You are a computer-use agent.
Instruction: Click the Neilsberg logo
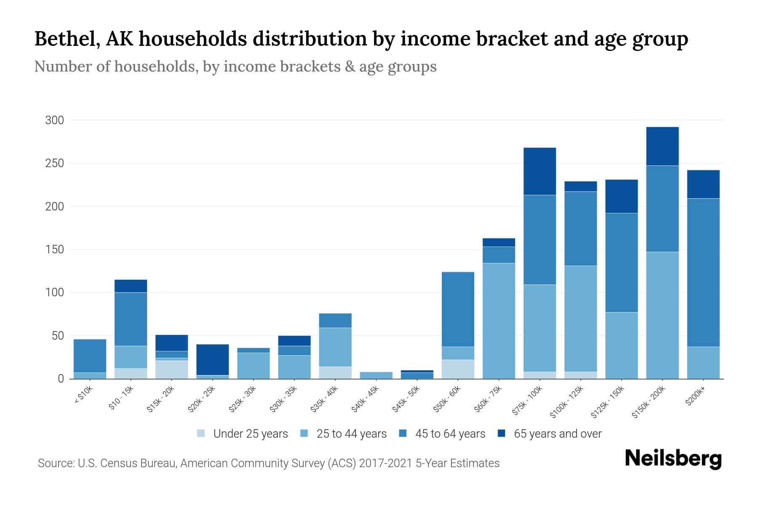(673, 459)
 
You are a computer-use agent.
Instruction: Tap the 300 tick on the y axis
(54, 120)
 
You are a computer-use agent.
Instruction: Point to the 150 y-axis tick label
(54, 250)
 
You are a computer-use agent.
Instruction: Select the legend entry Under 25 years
(250, 433)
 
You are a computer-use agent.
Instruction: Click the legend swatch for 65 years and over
(502, 433)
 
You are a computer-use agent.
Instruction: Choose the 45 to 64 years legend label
(450, 433)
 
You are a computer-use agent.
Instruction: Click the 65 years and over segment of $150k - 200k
(662, 146)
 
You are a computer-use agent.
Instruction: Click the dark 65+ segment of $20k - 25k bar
(212, 359)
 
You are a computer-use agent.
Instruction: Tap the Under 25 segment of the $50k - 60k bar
(458, 369)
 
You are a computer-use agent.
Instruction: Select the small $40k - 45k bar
(376, 375)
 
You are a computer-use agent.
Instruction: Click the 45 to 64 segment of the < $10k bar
(90, 356)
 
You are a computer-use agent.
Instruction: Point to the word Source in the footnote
(55, 463)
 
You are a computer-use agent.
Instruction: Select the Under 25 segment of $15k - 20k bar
(171, 369)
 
